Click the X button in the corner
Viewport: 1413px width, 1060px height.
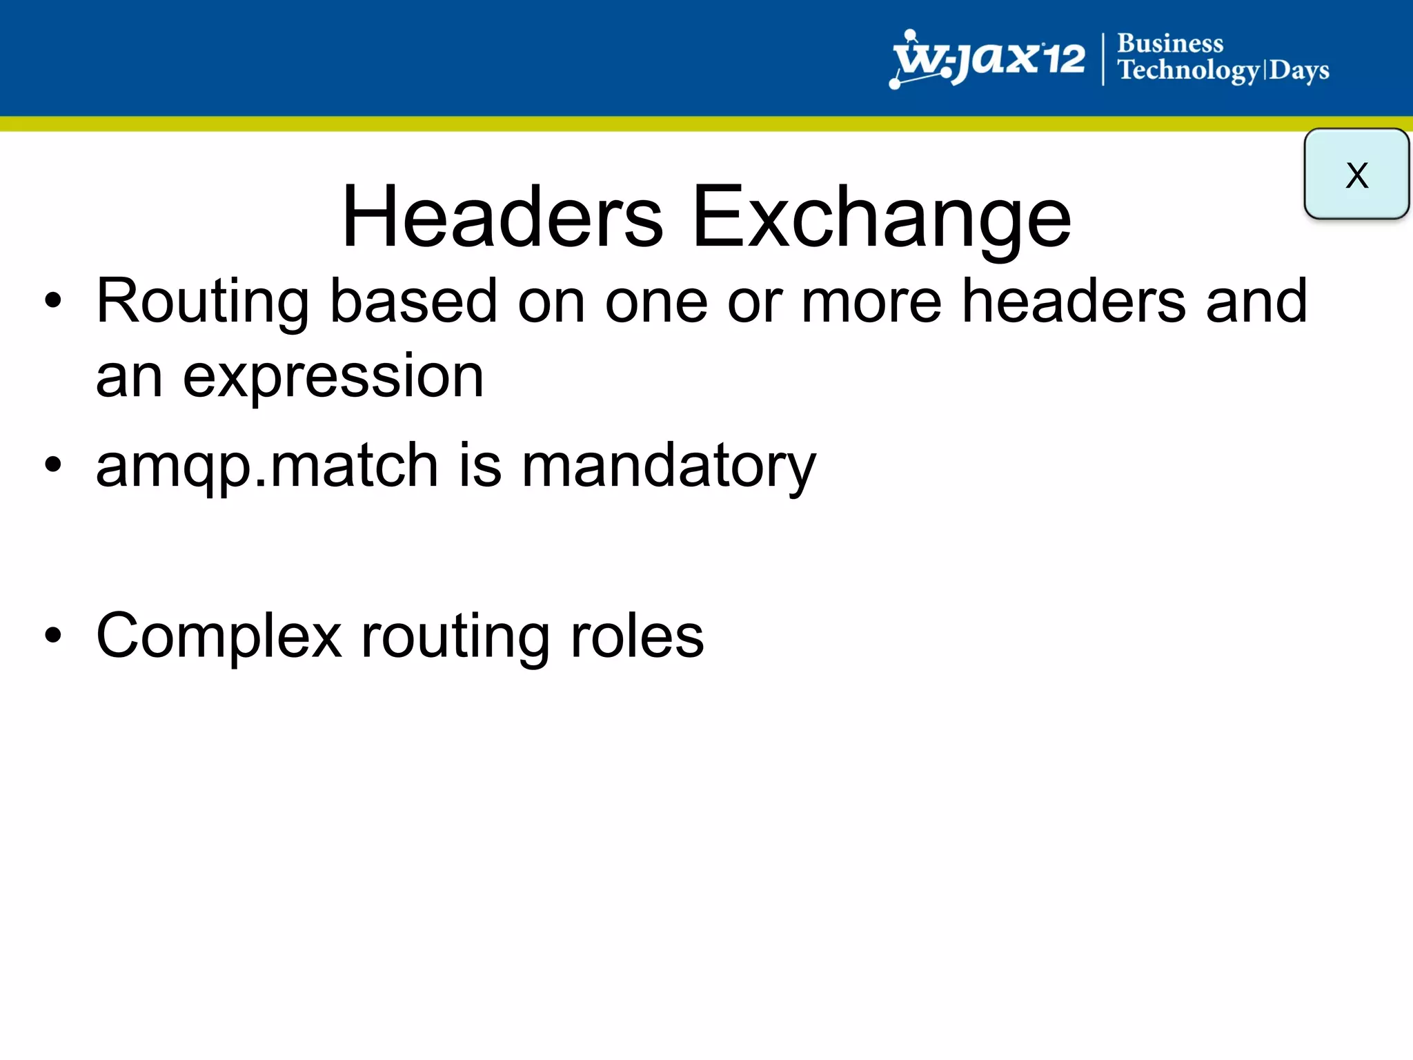tap(1356, 174)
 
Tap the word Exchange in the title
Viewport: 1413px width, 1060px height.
tap(881, 217)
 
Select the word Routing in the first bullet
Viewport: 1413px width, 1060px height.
tap(203, 302)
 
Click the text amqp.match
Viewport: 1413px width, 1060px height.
tap(267, 466)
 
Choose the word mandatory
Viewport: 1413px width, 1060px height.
tap(669, 466)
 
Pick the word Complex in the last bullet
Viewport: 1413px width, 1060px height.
tap(219, 636)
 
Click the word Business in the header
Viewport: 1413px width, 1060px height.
tap(1170, 43)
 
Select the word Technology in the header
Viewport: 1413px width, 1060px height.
tap(1189, 70)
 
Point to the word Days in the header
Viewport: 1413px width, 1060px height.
tap(1299, 70)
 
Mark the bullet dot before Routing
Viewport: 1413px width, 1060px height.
tap(53, 302)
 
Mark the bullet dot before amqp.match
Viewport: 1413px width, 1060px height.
tap(53, 465)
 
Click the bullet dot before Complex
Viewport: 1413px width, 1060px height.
tap(53, 636)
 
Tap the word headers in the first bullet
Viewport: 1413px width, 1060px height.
tap(1074, 302)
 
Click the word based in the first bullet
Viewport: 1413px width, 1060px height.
tap(413, 302)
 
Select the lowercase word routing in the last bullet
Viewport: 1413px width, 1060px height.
tap(455, 636)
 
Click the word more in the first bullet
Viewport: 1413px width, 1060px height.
tap(871, 302)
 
